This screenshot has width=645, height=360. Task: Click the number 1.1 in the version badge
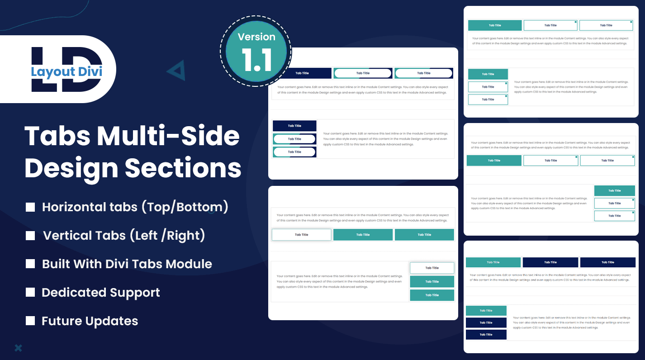point(256,59)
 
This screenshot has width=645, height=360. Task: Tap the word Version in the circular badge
point(256,37)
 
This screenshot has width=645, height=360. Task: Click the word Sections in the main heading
point(183,168)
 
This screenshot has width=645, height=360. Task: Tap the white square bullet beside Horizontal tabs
point(30,207)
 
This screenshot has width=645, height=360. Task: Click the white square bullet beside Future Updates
point(30,321)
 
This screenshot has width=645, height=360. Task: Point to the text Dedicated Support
point(101,293)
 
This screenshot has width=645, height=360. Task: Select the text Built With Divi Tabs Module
point(127,264)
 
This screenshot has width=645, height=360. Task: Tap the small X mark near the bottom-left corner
point(18,348)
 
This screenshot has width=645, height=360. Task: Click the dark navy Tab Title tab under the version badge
point(302,73)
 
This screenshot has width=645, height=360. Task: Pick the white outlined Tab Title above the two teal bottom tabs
point(432,268)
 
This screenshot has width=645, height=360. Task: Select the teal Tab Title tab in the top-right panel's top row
point(495,25)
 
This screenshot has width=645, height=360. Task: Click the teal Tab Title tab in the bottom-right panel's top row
point(493,262)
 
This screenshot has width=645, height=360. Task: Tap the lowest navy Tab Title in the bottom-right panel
point(486,335)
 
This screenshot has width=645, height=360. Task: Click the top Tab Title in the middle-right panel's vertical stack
point(614,191)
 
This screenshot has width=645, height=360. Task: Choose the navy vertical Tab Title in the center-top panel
point(294,126)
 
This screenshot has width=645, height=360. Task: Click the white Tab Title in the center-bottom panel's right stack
point(432,268)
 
